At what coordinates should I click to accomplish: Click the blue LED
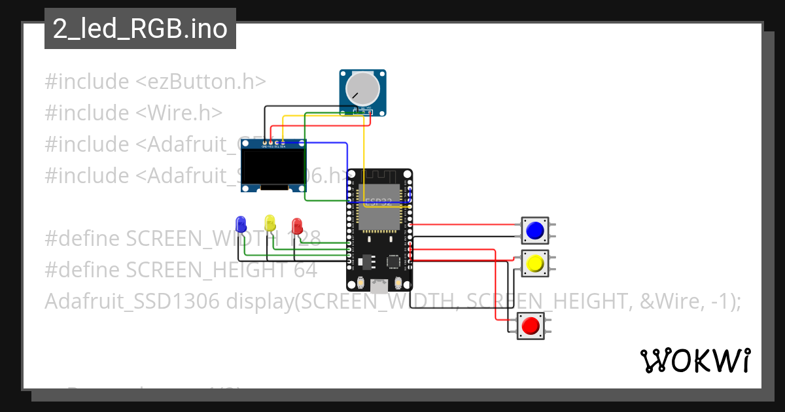coord(241,224)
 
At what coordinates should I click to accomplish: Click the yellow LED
coord(270,223)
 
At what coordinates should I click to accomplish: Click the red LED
coord(297,226)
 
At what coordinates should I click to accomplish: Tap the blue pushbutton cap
coord(534,230)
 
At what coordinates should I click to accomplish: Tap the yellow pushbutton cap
coord(534,264)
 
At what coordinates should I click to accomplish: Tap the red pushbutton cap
coord(531,325)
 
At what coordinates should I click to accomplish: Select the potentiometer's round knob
coord(362,88)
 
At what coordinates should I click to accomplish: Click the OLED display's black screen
coord(273,168)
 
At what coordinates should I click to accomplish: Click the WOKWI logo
coord(695,360)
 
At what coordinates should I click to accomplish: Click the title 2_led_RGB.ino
coord(140,29)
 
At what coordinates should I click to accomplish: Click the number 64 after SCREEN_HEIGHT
coord(304,270)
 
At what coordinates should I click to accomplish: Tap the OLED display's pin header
coord(273,142)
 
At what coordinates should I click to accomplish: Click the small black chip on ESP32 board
coord(393,261)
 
